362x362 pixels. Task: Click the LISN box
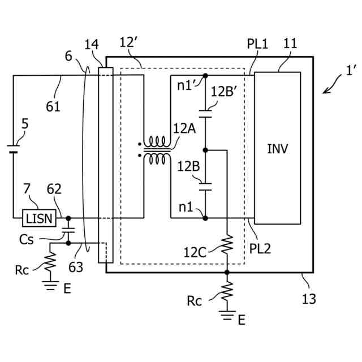tap(39, 218)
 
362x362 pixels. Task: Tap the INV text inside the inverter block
tap(278, 149)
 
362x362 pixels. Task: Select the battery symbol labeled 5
tap(13, 149)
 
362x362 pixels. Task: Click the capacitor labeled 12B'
tap(205, 114)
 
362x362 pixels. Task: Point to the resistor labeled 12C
tap(227, 244)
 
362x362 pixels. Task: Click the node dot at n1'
tap(205, 75)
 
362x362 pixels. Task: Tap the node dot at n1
tap(205, 218)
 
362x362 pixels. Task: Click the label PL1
tap(257, 44)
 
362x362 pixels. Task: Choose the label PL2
tap(260, 249)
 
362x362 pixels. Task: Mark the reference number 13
tap(309, 299)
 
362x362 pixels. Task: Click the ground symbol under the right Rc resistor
tap(227, 316)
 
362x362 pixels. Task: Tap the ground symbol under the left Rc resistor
tap(50, 285)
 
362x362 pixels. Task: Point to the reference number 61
tap(53, 107)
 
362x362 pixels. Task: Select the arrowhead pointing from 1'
tap(325, 91)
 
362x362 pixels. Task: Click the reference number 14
tap(92, 44)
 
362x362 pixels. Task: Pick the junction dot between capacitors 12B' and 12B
tap(205, 150)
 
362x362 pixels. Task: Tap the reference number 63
tap(76, 268)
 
